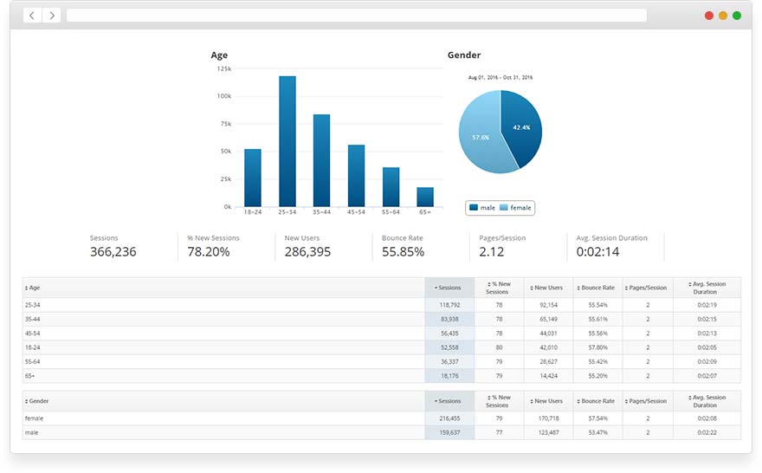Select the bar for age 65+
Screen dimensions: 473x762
tap(424, 197)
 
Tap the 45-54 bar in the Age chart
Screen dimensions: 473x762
tap(356, 175)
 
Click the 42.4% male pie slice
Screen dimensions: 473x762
tap(521, 126)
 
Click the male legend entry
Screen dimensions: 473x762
tap(482, 208)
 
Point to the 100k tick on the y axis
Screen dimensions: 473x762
tap(223, 96)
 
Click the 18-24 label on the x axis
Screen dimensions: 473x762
tap(253, 212)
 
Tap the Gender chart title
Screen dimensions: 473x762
tap(464, 55)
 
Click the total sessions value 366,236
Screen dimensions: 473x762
tap(113, 252)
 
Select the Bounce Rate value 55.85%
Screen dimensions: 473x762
tap(403, 252)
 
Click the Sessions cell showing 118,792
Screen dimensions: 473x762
tap(449, 305)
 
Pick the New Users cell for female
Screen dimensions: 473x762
tap(547, 418)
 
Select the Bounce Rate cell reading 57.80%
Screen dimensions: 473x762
tap(597, 347)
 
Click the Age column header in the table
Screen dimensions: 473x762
tap(35, 288)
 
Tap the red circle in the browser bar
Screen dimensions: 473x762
tap(709, 16)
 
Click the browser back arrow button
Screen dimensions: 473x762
tap(32, 16)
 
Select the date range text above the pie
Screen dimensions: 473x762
tap(500, 78)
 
